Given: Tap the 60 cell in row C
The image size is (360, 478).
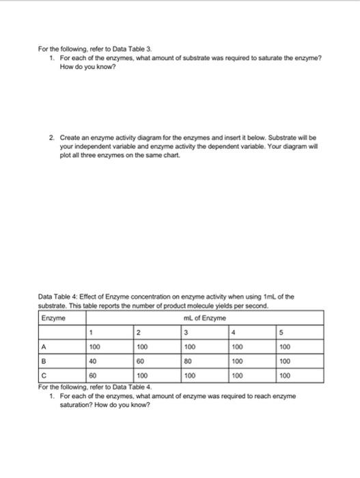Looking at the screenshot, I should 94,375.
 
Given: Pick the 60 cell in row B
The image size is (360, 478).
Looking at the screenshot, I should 141,361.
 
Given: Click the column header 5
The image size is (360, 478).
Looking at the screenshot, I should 279,333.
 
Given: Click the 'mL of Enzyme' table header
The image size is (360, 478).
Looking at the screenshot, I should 199,318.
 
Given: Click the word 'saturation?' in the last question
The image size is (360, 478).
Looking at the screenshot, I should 77,403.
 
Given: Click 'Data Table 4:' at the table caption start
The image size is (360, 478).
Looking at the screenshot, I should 58,298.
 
